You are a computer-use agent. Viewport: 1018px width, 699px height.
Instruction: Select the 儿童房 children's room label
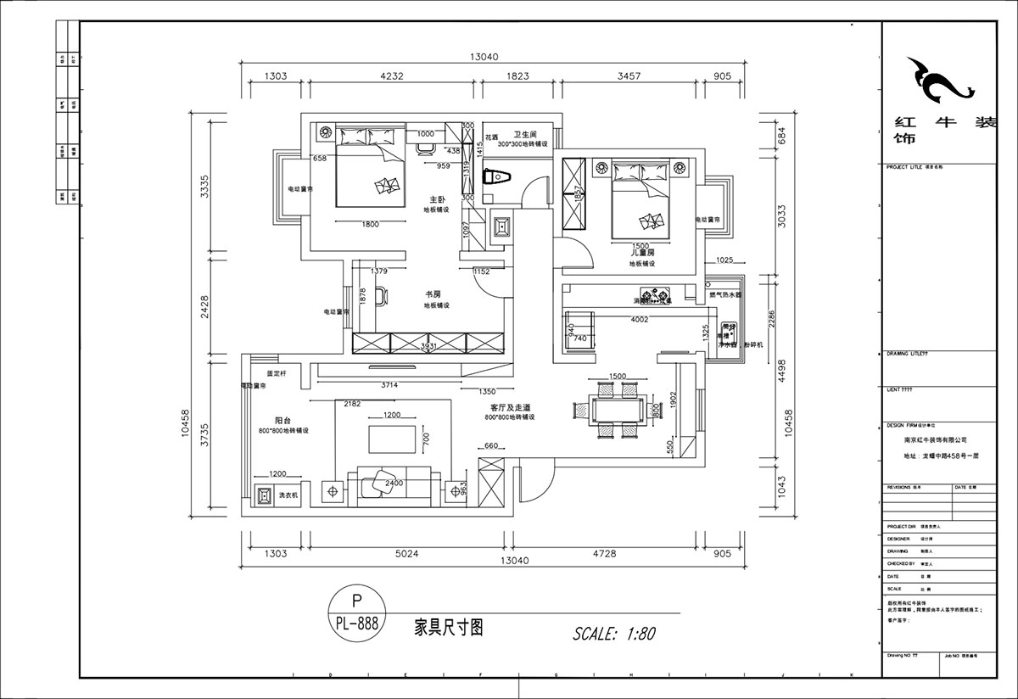pos(641,253)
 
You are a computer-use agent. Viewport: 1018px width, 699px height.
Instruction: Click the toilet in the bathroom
pos(498,178)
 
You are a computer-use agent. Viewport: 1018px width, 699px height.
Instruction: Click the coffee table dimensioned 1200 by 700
pos(391,439)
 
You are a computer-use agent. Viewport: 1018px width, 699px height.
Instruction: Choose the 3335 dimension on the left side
pos(202,185)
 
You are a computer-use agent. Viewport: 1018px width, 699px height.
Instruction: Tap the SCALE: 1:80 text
pos(614,633)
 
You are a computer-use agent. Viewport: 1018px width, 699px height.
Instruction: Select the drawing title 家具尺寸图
pos(448,627)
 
